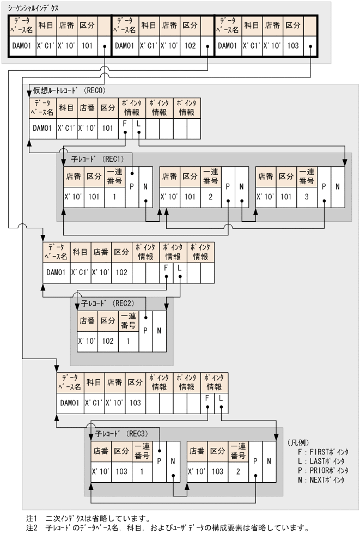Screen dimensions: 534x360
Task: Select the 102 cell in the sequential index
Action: (x=190, y=47)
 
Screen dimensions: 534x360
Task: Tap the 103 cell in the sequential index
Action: (x=293, y=47)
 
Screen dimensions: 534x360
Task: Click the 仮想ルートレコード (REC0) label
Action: (x=68, y=90)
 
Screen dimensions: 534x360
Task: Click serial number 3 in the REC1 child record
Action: (x=307, y=197)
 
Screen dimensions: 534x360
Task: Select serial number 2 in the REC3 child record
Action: (x=238, y=470)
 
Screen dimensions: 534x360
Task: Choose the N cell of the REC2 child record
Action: (x=160, y=331)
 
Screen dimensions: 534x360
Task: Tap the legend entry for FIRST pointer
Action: (x=322, y=452)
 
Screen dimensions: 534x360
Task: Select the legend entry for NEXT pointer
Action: (x=322, y=480)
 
